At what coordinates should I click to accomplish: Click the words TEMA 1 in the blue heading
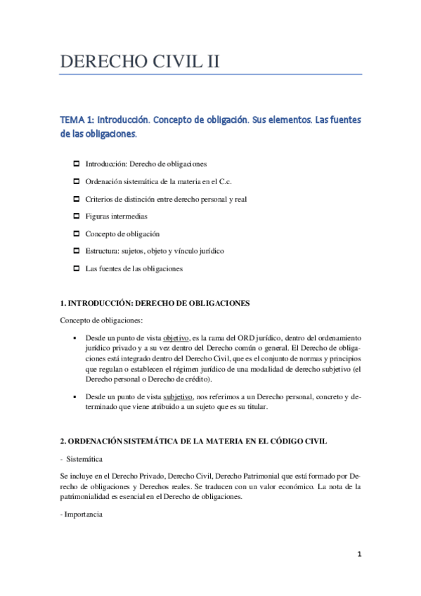pos(77,120)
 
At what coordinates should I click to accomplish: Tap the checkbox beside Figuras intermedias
pos(77,216)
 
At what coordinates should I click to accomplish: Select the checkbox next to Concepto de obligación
pos(77,233)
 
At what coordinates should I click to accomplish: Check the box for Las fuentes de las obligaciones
pos(77,268)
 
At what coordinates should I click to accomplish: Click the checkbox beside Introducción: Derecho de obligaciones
pos(77,164)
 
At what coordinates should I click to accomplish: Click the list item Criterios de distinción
pos(166,199)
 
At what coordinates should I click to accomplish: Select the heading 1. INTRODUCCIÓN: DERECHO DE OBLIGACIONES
pos(155,303)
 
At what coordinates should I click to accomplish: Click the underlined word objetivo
pos(177,337)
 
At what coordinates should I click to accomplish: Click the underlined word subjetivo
pos(179,396)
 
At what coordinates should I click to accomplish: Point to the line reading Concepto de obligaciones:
pos(101,320)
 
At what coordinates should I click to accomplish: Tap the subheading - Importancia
pos(82,514)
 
